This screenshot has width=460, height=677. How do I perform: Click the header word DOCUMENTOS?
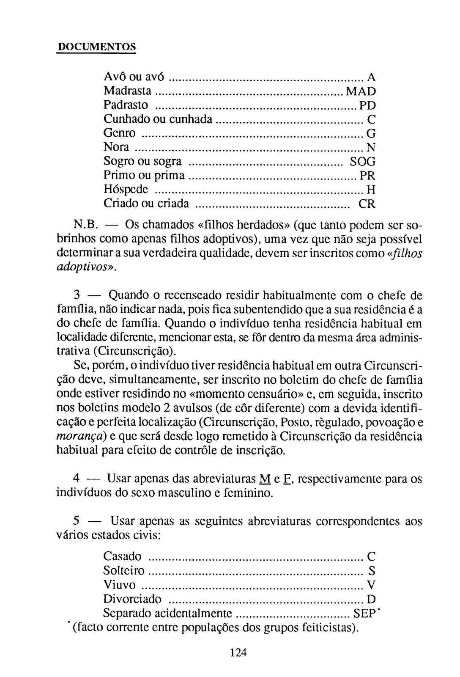[x=96, y=47]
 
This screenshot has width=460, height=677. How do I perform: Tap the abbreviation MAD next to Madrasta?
[x=360, y=91]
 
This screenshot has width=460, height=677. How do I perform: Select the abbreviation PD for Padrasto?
[x=367, y=105]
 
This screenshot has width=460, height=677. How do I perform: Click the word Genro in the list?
[x=120, y=133]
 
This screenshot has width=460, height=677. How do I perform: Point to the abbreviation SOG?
[x=362, y=161]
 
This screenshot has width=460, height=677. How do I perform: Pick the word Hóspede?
[x=126, y=189]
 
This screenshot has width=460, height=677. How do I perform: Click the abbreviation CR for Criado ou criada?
[x=367, y=204]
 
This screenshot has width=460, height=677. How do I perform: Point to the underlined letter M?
[x=264, y=479]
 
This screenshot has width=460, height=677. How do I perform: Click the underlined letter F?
[x=287, y=479]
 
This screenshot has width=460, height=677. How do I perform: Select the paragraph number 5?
[x=77, y=521]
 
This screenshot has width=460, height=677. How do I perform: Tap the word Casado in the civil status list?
[x=123, y=556]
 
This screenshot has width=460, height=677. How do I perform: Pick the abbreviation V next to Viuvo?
[x=371, y=585]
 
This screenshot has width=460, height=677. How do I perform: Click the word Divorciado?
[x=132, y=599]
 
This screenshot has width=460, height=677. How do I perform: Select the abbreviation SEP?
[x=364, y=613]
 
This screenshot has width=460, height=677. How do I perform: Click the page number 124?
[x=238, y=652]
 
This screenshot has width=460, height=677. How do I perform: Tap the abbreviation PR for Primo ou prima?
[x=367, y=175]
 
